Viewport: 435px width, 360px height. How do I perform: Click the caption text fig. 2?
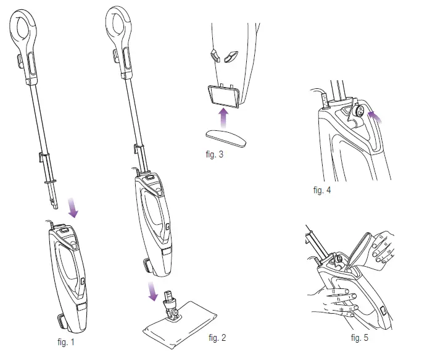point(217,337)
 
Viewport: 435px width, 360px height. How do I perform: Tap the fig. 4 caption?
point(322,190)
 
